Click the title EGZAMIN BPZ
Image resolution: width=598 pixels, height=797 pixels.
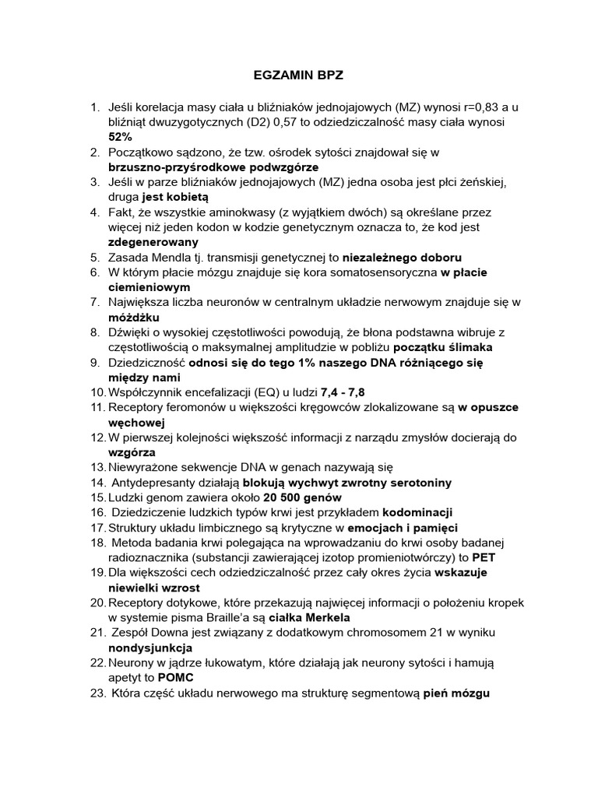pos(299,77)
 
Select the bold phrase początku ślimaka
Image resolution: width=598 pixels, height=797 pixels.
pos(442,346)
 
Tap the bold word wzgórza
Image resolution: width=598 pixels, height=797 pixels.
pos(132,451)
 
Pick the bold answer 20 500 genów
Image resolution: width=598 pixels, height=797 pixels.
pos(302,497)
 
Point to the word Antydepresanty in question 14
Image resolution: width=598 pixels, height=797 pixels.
pos(149,483)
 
